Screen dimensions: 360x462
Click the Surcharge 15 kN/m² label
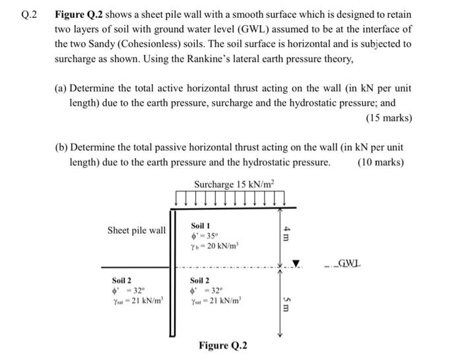tap(234, 184)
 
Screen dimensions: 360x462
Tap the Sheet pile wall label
tap(137, 231)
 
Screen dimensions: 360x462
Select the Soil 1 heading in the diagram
tap(201, 226)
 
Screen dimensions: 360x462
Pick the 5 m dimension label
tap(286, 306)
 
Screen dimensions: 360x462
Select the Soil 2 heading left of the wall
tap(121, 280)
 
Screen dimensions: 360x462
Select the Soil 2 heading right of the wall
tap(201, 280)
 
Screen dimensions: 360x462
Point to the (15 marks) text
tap(389, 118)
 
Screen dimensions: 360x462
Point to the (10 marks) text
tap(380, 162)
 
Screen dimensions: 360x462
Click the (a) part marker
tap(61, 89)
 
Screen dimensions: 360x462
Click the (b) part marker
tap(61, 147)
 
